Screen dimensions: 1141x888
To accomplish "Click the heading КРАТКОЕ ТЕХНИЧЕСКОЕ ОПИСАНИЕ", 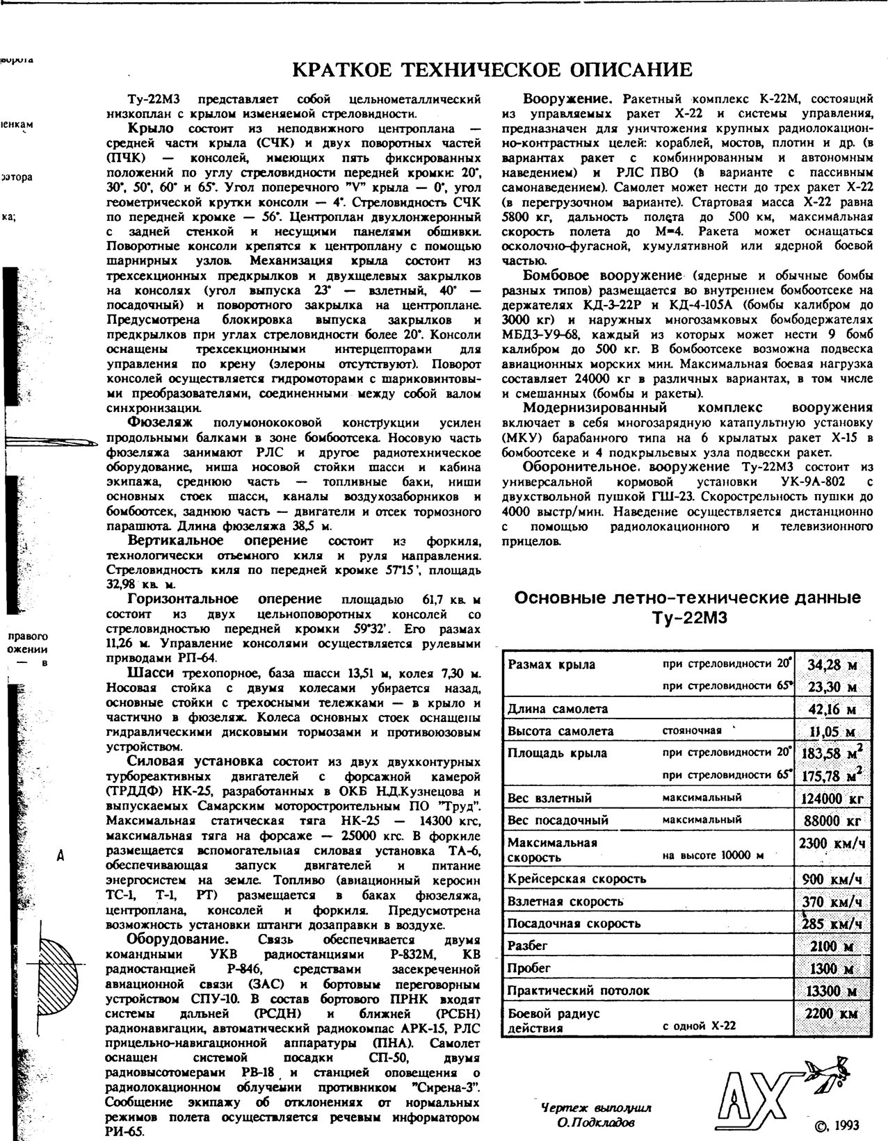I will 492,70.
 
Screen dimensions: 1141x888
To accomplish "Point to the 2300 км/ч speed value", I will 832,844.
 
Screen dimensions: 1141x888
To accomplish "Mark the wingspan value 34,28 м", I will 832,665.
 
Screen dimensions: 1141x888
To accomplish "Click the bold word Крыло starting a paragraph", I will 151,129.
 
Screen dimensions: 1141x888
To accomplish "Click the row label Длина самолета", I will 558,709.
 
